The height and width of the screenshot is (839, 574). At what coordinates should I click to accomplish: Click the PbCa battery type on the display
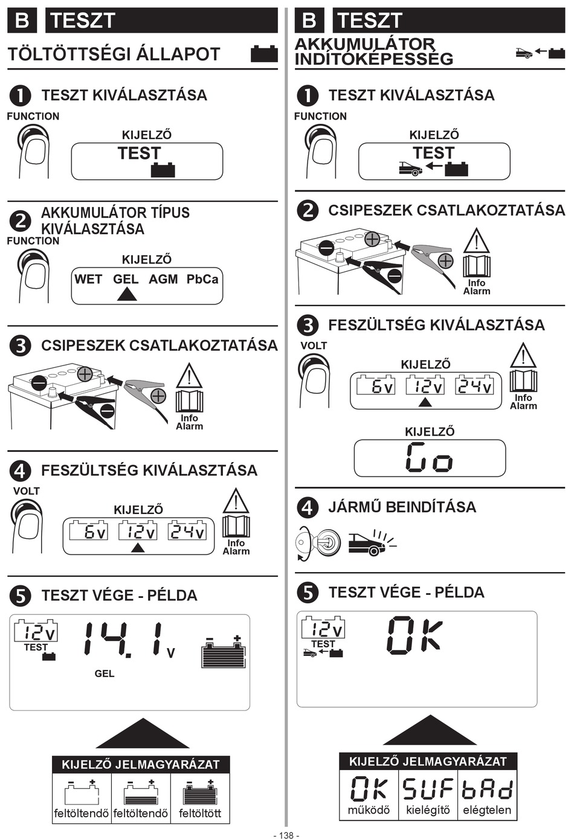[202, 280]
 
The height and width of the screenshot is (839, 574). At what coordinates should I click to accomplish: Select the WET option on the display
[88, 280]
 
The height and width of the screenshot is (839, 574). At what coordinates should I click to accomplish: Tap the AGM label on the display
[163, 280]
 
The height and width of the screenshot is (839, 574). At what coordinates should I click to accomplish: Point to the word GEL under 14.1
[105, 673]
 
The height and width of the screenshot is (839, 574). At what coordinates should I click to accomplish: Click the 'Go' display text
[430, 457]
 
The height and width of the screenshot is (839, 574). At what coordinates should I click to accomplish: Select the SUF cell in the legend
[428, 789]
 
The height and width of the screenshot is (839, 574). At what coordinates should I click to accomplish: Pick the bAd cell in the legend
[487, 789]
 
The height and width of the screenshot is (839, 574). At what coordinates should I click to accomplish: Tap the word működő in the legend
[369, 811]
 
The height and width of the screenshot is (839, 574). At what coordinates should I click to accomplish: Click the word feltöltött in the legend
[200, 814]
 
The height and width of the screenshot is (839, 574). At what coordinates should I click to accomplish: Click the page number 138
[286, 835]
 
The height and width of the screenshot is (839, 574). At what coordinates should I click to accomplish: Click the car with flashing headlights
[372, 543]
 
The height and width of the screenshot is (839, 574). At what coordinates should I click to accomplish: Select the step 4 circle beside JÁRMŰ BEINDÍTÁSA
[308, 508]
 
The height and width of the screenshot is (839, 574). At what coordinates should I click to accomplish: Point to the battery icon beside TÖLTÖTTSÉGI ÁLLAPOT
[264, 54]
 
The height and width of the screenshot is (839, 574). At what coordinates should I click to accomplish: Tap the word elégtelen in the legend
[487, 811]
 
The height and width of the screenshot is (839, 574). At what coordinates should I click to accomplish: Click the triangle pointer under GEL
[127, 294]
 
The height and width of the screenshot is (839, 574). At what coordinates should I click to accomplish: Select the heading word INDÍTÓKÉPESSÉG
[374, 59]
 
